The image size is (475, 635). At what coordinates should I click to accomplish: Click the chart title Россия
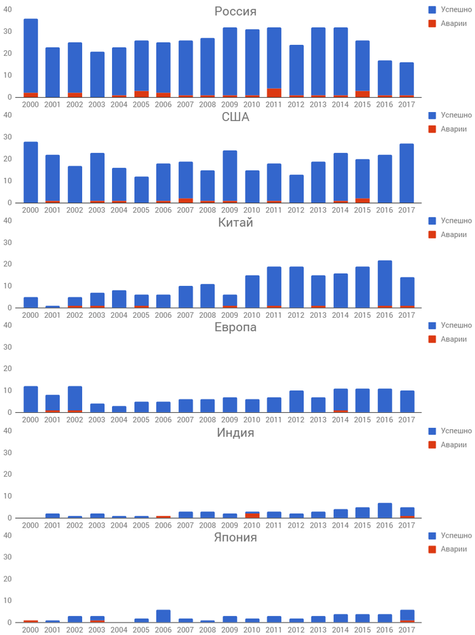tap(235, 12)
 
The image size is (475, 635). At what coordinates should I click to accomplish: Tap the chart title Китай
tap(235, 222)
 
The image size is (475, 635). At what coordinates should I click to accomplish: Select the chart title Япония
tap(235, 538)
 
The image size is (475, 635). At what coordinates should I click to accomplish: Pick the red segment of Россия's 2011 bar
tap(274, 92)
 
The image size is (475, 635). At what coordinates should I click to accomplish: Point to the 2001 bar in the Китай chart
tap(52, 306)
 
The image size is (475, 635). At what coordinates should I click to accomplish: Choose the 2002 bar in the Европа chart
tap(75, 397)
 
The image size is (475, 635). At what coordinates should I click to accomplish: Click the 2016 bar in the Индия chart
tap(385, 510)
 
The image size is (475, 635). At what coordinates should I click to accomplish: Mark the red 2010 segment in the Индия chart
tap(252, 515)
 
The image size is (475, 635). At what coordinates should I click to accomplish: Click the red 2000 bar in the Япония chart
tap(31, 621)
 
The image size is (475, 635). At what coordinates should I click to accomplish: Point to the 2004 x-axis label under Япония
tap(119, 630)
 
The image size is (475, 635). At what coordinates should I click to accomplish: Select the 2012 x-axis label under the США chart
tap(296, 210)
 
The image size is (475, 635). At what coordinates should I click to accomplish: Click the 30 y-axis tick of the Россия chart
tap(7, 31)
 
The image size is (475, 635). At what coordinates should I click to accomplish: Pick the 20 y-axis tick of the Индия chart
tap(7, 474)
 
